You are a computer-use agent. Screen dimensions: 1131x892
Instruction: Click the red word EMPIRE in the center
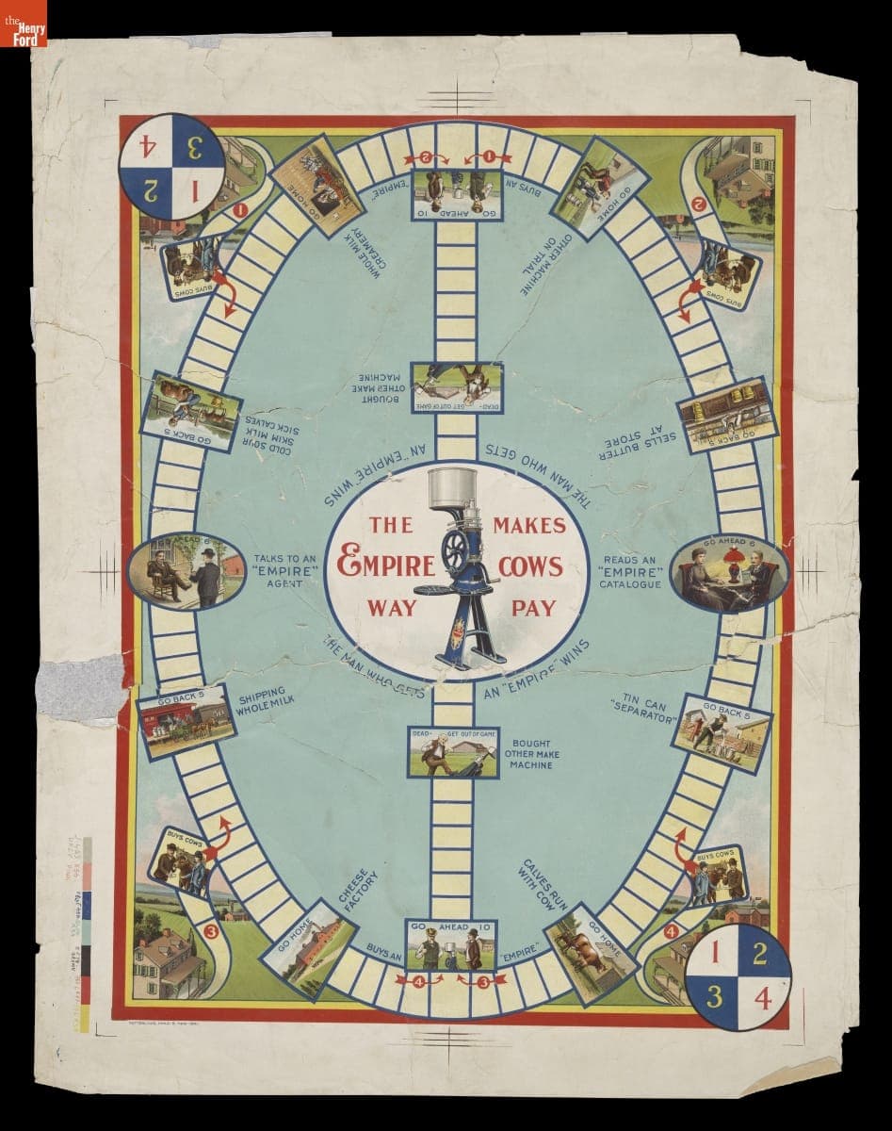(x=387, y=565)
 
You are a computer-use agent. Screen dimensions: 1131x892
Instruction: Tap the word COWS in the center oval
(x=531, y=565)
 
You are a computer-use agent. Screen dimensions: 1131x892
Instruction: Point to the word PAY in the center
(x=532, y=608)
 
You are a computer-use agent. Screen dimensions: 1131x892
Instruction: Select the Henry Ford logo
(x=23, y=23)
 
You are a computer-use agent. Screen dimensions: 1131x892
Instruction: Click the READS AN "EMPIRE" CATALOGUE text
(x=632, y=571)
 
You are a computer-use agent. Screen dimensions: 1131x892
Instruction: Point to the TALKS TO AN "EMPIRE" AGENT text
(x=284, y=571)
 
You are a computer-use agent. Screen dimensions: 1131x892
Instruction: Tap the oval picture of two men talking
(x=185, y=571)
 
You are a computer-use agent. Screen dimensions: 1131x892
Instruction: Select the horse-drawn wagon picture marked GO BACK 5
(x=185, y=722)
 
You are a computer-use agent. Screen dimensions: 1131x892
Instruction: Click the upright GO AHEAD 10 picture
(x=451, y=944)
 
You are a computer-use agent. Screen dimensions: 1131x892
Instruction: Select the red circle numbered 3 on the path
(x=211, y=933)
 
